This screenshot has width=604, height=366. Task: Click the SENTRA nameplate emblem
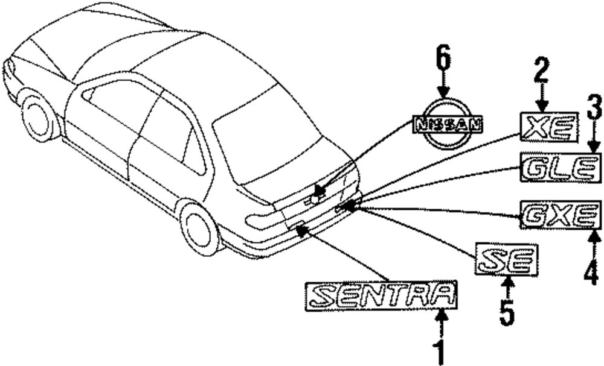[x=382, y=295]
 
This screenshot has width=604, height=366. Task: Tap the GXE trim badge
[x=561, y=215]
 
